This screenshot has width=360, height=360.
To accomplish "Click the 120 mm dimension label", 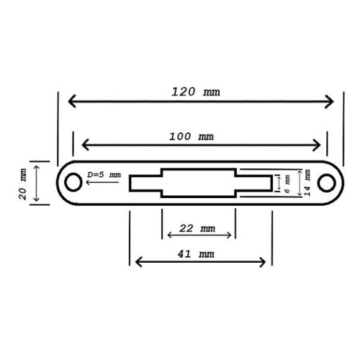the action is tap(196, 92).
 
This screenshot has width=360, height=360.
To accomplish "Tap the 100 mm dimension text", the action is tap(192, 137).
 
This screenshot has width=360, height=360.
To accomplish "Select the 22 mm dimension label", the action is tap(197, 228).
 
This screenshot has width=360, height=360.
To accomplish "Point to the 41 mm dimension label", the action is tap(196, 254).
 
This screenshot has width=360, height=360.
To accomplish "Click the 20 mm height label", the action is tap(22, 184).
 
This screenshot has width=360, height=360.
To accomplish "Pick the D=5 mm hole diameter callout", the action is tap(104, 175).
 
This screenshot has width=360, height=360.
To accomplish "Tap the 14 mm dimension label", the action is tap(307, 183).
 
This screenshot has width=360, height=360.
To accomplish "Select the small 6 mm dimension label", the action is tap(287, 184).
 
